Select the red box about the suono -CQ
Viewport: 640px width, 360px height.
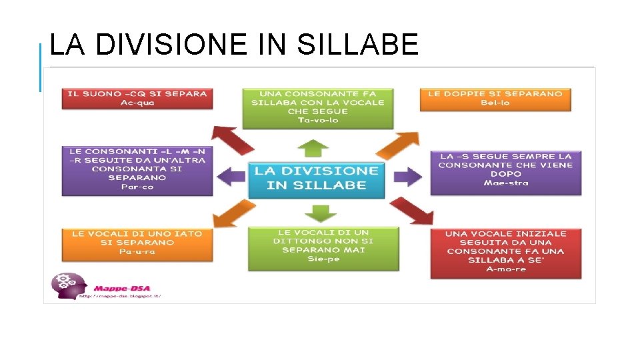pyautogui.click(x=137, y=98)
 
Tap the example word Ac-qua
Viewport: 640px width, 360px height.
pyautogui.click(x=137, y=103)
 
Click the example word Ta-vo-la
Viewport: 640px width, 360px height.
pyautogui.click(x=317, y=121)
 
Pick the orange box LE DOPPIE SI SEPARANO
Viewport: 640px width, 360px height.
pyautogui.click(x=495, y=98)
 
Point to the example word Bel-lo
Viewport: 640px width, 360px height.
pyautogui.click(x=495, y=103)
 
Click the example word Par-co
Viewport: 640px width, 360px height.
pyautogui.click(x=137, y=187)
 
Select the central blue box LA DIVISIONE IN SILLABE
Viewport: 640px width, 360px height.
pyautogui.click(x=317, y=178)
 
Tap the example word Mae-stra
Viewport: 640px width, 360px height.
pyautogui.click(x=505, y=183)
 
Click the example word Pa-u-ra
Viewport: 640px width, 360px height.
pyautogui.click(x=137, y=252)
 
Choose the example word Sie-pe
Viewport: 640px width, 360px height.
pyautogui.click(x=323, y=259)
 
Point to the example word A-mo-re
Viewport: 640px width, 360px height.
pyautogui.click(x=505, y=269)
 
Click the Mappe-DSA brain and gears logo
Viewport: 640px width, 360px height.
pyautogui.click(x=68, y=285)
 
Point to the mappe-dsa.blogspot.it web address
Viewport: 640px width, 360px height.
pyautogui.click(x=120, y=295)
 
